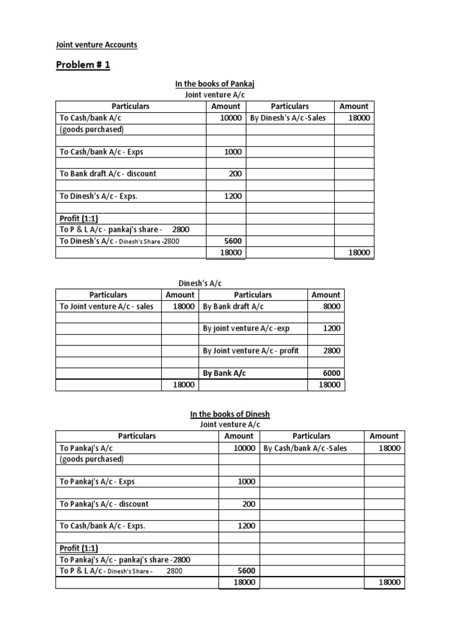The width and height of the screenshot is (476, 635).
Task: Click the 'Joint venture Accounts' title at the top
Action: pos(96,45)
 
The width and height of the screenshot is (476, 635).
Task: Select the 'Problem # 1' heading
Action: pos(84,65)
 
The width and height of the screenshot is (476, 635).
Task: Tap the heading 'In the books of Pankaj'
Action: pos(214,84)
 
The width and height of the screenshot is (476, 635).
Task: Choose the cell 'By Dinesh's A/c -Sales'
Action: pos(288,118)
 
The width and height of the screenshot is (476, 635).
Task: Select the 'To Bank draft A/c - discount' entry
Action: pos(108,174)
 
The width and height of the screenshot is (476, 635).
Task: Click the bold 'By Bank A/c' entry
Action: pos(224,373)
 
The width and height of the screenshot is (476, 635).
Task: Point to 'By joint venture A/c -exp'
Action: pos(246,329)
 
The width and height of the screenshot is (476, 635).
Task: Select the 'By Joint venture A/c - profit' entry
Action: pos(251,351)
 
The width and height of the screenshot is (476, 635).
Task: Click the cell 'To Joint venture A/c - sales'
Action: pos(106,306)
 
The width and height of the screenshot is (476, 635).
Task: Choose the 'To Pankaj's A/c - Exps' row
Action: pos(97,481)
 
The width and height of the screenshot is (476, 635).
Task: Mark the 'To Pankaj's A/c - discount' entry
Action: pos(104,504)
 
